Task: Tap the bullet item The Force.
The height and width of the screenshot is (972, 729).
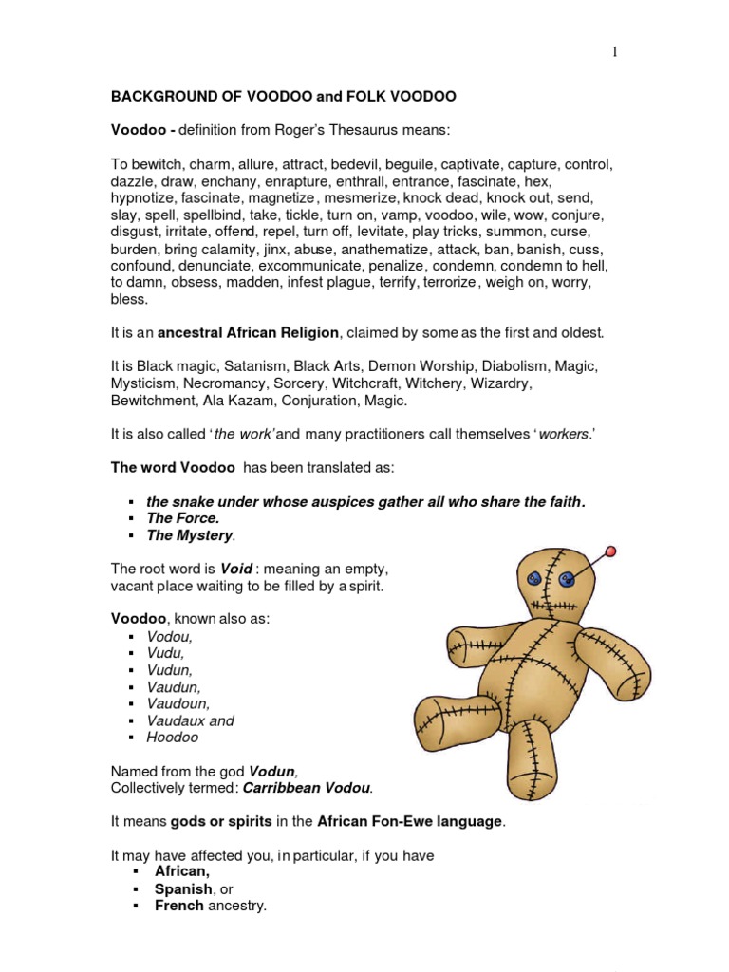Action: tap(182, 518)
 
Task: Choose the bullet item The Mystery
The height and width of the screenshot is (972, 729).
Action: tap(189, 535)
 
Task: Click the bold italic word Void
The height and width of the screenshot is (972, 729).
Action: tap(236, 569)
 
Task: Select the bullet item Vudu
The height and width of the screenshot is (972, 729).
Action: tap(165, 653)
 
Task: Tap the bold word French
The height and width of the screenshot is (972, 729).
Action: tap(179, 906)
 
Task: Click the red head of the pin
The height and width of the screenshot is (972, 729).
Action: tap(609, 551)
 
